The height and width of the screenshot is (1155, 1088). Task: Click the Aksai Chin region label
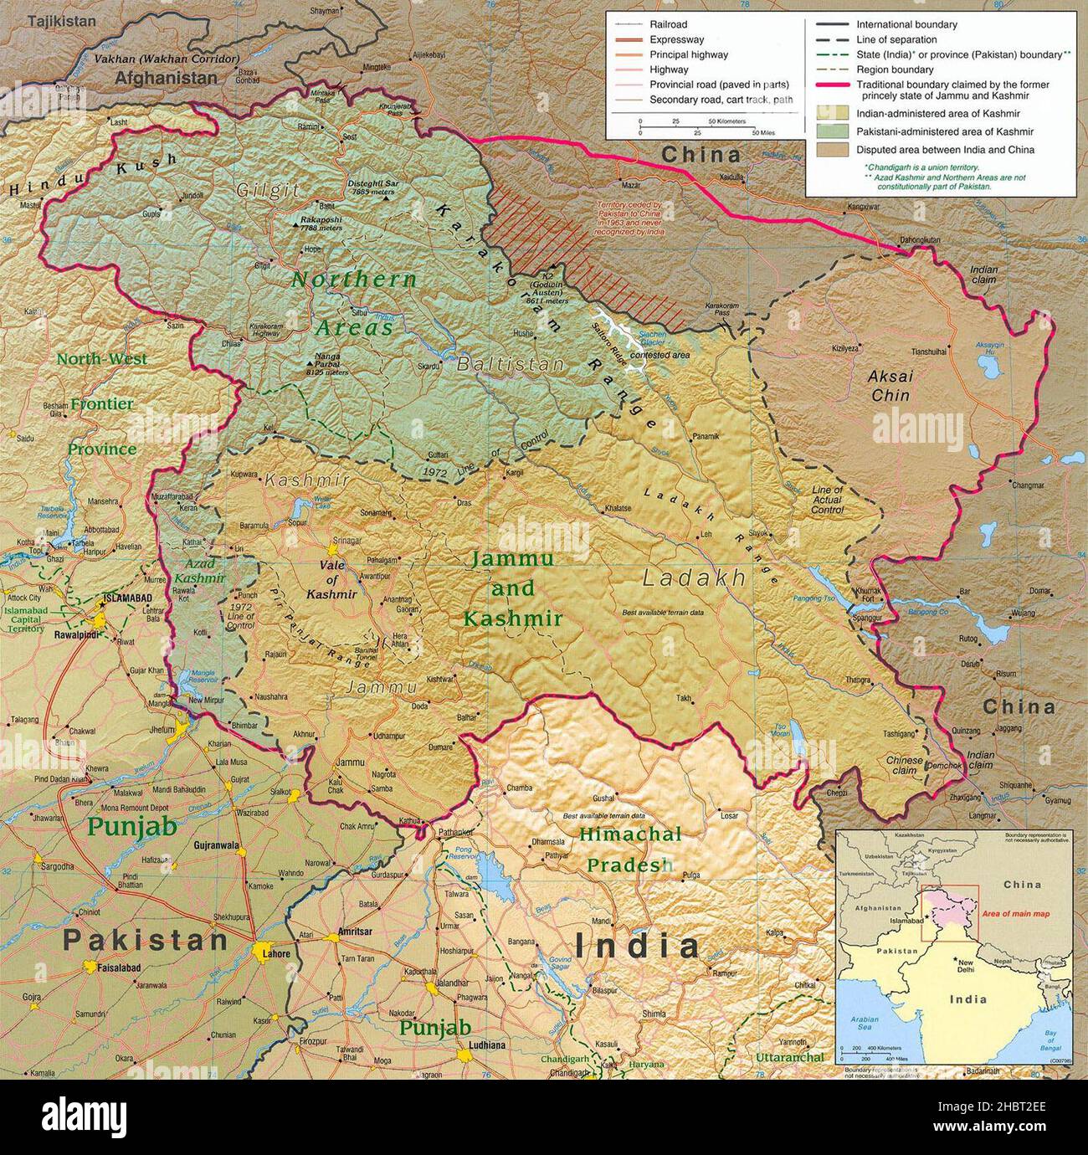890,386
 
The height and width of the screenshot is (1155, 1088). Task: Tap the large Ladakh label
694,577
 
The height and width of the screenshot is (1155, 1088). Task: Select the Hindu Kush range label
92,174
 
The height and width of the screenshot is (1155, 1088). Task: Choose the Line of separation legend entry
896,40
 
